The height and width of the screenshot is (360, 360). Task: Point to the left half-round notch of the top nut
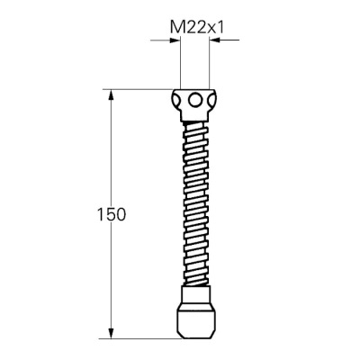pos(178,99)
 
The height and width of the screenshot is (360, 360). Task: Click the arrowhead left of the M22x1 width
pos(176,42)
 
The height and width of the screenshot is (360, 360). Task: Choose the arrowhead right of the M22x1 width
pos(213,42)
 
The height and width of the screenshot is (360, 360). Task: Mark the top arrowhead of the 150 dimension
pos(112,93)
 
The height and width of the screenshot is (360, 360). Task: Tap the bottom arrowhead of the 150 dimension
pos(112,334)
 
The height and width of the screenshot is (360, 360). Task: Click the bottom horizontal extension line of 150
pos(144,338)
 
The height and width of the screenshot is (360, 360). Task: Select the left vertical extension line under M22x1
pos(181,67)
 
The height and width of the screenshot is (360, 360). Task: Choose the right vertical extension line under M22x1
pos(209,67)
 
